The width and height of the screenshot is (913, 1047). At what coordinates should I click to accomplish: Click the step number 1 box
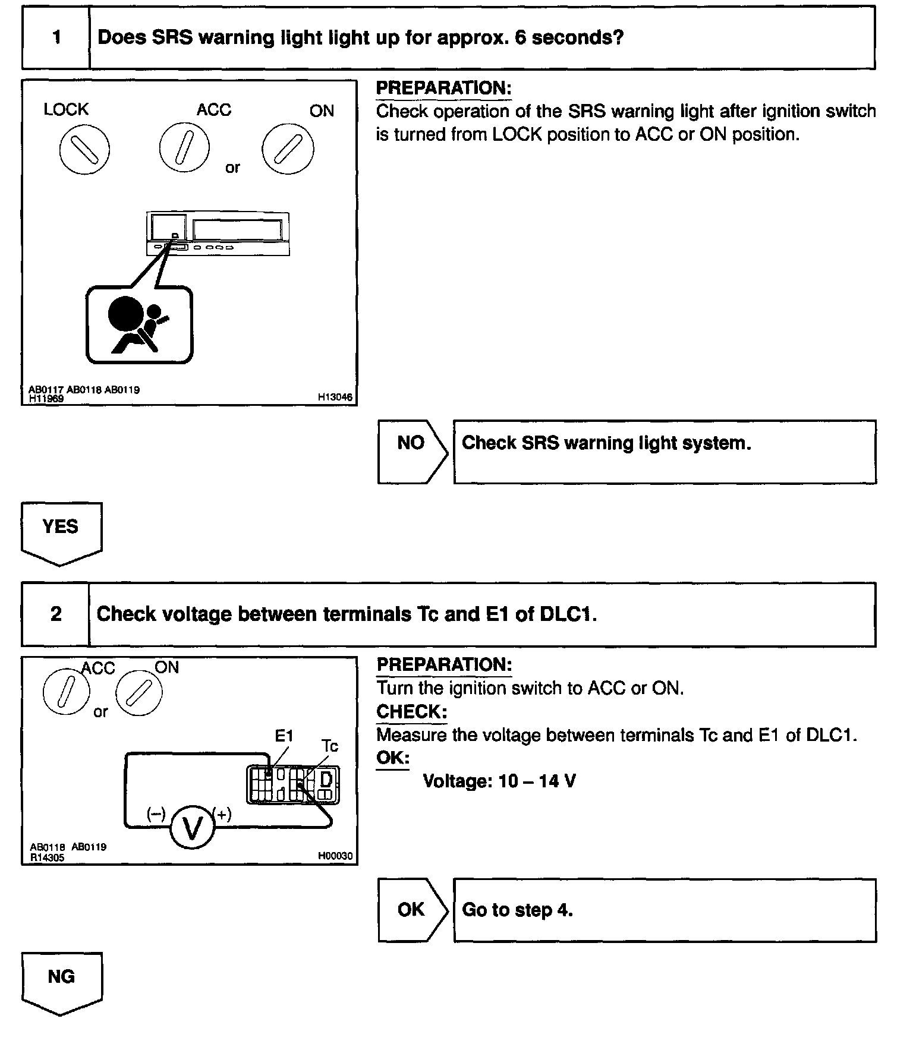pos(56,37)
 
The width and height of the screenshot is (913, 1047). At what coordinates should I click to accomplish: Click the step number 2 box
pos(56,614)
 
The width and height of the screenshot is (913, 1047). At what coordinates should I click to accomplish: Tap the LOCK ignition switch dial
pos(84,149)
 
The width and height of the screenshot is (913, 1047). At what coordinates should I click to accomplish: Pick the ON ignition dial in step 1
pos(288,149)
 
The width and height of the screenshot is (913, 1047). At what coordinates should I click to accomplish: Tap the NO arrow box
pos(412,452)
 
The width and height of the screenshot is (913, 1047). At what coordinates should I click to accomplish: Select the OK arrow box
pos(412,909)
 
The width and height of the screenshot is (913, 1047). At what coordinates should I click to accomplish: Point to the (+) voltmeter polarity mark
pos(223,814)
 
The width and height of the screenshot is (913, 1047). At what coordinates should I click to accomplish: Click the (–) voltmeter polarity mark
pos(156,814)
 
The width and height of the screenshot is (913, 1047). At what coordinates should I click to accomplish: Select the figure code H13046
pos(335,397)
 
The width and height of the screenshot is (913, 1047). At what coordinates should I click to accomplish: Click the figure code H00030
pos(335,856)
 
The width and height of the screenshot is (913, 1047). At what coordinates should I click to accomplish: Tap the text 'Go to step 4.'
pos(517,910)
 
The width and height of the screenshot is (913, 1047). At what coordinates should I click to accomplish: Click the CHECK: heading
pos(411,711)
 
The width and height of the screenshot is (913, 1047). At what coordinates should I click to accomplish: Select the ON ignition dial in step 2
pos(138,693)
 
